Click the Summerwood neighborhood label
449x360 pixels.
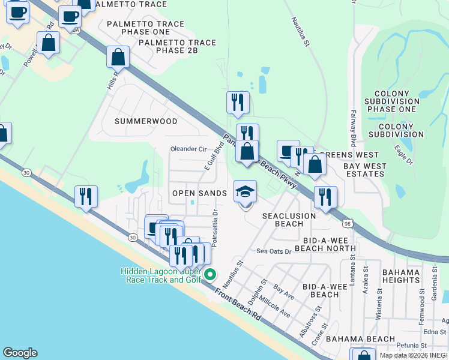pyautogui.click(x=146, y=121)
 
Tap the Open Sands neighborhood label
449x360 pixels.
pyautogui.click(x=199, y=193)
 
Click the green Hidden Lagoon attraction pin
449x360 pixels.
pyautogui.click(x=209, y=275)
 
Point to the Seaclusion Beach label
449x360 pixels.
pyautogui.click(x=289, y=220)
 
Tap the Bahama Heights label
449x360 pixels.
pyautogui.click(x=400, y=276)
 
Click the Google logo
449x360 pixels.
pyautogui.click(x=20, y=353)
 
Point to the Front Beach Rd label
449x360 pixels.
pyautogui.click(x=238, y=304)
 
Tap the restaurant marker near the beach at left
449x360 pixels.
pyautogui.click(x=86, y=196)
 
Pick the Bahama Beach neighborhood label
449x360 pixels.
pyautogui.click(x=352, y=340)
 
